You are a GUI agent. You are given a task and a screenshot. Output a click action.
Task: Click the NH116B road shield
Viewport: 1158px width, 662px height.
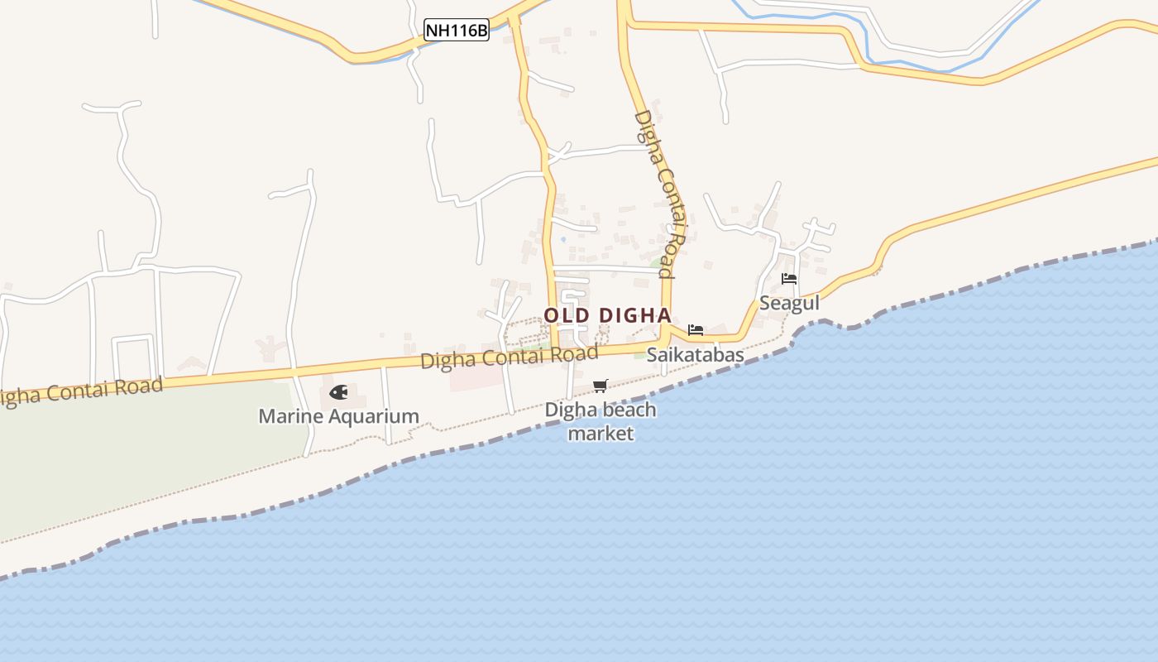[x=457, y=31]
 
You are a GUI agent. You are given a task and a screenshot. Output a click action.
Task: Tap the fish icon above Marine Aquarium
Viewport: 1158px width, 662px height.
[x=338, y=392]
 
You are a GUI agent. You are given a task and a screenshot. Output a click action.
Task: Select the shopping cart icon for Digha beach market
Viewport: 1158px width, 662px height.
[x=601, y=386]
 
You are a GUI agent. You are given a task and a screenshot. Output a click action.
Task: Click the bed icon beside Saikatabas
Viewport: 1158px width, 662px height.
[x=696, y=329]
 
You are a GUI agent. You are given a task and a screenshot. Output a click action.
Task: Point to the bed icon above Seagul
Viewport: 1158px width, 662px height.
[x=789, y=279]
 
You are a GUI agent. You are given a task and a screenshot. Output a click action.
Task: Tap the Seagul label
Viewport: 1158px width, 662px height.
[x=789, y=303]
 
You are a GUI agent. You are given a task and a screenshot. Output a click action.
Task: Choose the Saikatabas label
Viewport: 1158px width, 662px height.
[x=696, y=355]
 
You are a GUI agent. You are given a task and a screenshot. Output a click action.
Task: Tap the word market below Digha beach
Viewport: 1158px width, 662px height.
[x=601, y=433]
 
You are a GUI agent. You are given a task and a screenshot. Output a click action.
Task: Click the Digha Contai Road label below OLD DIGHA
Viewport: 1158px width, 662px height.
[x=509, y=357]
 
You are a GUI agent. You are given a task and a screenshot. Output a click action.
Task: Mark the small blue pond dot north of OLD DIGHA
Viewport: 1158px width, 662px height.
[x=563, y=239]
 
